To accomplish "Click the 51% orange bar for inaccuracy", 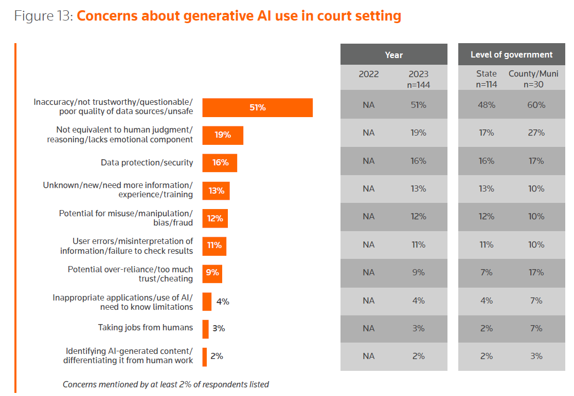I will point(257,108).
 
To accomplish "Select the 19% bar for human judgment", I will point(223,135).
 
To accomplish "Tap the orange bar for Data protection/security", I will point(220,163).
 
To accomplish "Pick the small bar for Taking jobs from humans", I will point(205,329).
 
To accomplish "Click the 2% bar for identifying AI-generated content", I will point(204,356).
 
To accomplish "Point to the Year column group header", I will point(393,55).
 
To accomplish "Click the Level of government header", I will point(511,54).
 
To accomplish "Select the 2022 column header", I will point(368,74).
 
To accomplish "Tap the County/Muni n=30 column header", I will point(533,79).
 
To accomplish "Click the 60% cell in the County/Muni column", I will point(536,105).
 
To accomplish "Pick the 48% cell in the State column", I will point(486,105).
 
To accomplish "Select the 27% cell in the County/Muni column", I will point(536,133).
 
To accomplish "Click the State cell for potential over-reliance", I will point(486,272).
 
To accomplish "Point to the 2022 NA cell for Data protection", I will point(368,161).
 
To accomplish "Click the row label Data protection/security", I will point(147,163).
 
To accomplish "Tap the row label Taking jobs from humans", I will point(146,328).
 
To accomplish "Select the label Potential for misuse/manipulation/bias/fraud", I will point(126,218).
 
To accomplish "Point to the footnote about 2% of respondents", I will point(166,384).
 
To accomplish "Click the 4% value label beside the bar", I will point(223,301).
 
